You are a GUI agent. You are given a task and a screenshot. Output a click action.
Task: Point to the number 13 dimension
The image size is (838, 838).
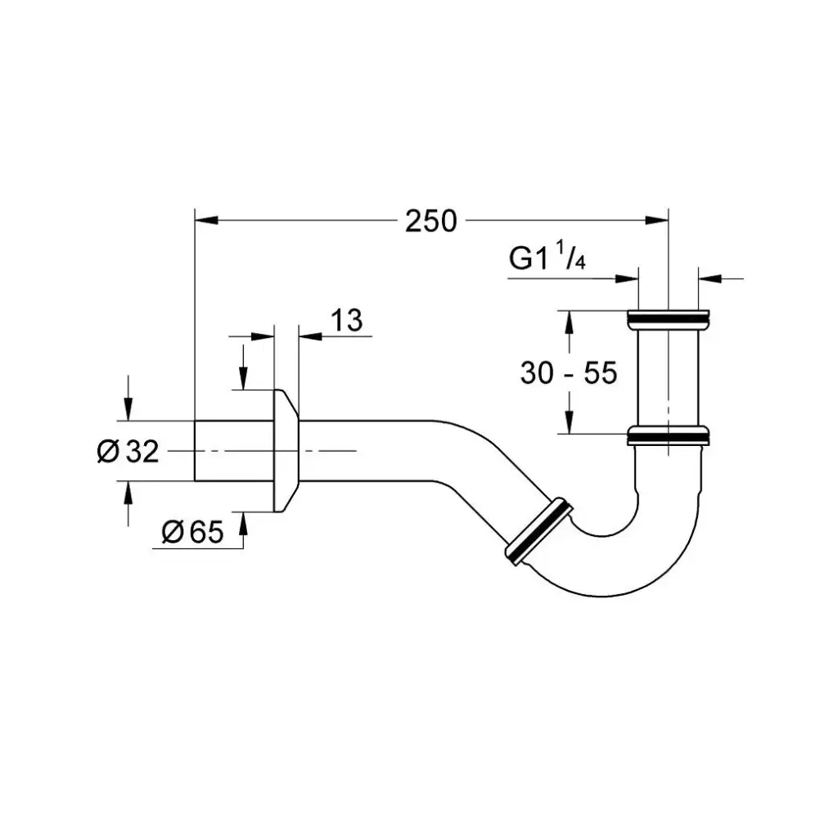pyautogui.click(x=348, y=320)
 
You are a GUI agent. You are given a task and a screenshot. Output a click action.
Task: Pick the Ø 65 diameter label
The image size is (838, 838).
pyautogui.click(x=192, y=533)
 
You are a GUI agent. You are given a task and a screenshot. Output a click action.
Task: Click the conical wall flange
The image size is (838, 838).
pyautogui.click(x=285, y=450)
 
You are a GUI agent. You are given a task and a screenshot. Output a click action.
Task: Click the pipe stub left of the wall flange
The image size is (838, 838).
pyautogui.click(x=233, y=451)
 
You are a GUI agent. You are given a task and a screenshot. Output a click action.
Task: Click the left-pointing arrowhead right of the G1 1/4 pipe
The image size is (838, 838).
pyautogui.click(x=709, y=278)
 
